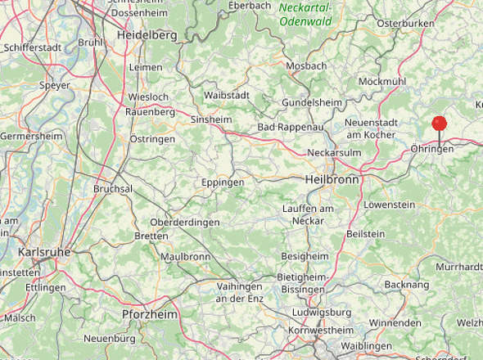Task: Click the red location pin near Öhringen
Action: [440, 124]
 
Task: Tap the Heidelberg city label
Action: [147, 36]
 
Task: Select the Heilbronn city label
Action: [332, 178]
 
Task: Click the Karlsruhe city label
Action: [43, 251]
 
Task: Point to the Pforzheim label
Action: [150, 314]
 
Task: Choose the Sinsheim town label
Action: [211, 119]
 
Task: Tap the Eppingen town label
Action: [223, 182]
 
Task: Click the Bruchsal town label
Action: [113, 188]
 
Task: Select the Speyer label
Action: [55, 84]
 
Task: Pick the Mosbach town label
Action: [306, 65]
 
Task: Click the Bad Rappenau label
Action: [291, 128]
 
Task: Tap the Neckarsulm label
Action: [334, 153]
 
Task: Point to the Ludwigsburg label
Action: [320, 312]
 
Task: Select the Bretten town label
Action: [151, 236]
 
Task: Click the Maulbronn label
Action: [186, 256]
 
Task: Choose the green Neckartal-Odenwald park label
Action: [305, 15]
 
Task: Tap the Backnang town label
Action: [406, 285]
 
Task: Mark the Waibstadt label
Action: [227, 95]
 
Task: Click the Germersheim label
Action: [30, 136]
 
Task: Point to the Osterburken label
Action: [404, 25]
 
